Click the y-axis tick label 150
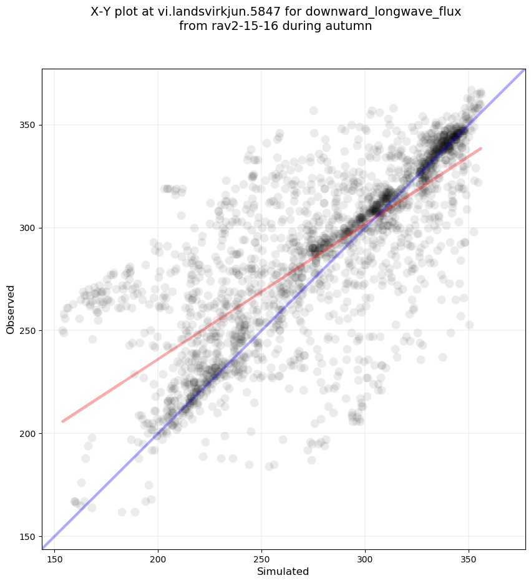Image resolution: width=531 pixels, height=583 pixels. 29,536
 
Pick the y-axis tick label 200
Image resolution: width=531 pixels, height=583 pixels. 29,433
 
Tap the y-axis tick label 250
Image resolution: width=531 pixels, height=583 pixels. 29,330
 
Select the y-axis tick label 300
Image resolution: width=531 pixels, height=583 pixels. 29,228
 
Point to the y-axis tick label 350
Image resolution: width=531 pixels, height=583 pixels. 29,125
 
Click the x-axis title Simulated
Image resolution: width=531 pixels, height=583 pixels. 283,571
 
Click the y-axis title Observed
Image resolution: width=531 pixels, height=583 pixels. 11,309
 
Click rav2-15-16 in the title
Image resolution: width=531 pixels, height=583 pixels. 238,26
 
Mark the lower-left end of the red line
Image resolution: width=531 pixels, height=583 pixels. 62,421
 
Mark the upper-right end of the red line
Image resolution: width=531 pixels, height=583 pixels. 481,149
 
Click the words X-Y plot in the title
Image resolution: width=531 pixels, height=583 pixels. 115,12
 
